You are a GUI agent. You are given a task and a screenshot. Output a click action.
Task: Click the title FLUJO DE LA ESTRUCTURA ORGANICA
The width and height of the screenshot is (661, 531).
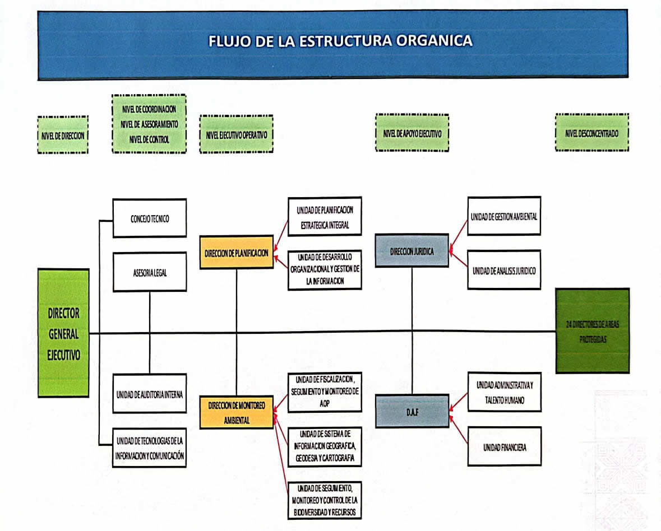pos(340,41)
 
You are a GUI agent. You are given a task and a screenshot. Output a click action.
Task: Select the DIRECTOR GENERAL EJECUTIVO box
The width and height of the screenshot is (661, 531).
pos(63,333)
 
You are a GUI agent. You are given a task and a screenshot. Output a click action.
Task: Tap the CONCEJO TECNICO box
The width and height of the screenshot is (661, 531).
pos(150,218)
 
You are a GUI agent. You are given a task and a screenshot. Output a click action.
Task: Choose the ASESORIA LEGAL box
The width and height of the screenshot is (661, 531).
pos(150,272)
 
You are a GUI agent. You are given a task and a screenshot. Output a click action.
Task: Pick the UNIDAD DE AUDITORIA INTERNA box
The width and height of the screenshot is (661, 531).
pos(150,393)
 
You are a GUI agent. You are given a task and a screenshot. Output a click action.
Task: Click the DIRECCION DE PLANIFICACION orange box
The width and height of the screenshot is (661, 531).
pos(237,253)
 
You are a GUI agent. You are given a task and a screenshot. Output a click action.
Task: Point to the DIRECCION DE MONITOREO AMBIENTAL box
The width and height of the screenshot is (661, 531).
pos(237,412)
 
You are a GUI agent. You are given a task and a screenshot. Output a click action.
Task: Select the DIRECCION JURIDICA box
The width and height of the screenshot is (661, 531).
pos(412,251)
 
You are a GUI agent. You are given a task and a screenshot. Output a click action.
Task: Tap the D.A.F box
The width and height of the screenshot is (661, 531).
pos(412,411)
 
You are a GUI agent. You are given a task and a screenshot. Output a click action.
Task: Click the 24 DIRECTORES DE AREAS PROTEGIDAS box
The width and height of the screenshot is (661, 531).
pos(593,330)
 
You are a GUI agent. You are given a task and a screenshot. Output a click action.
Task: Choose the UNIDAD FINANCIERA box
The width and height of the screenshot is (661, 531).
pos(505,446)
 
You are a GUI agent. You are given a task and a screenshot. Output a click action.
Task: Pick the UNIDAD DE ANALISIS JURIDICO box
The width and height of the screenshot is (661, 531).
pos(505,270)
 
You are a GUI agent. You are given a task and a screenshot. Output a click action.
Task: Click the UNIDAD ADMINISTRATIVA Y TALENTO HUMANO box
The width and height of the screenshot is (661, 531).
pos(505,392)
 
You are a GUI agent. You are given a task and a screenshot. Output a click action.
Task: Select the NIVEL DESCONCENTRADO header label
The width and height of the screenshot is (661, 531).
pos(592,133)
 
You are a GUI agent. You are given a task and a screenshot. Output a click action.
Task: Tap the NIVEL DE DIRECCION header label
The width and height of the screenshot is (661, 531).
pos(63,134)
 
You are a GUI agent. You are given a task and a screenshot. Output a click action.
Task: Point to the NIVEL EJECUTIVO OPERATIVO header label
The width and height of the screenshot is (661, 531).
pos(236,134)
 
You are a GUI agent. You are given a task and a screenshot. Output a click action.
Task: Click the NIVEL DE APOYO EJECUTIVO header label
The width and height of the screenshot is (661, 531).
pos(412,133)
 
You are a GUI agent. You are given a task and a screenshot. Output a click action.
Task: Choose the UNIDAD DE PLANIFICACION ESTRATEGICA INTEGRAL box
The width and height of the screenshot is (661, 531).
pos(325,216)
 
